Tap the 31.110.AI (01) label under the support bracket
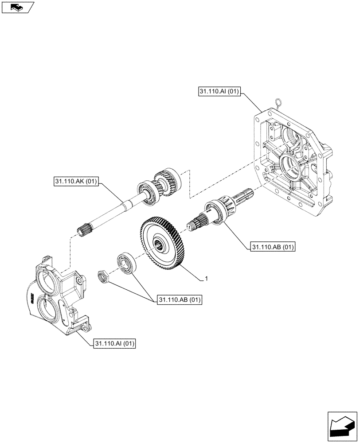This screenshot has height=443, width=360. (115, 343)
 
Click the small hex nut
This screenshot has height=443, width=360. (103, 277)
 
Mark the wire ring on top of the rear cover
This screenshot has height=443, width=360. (278, 103)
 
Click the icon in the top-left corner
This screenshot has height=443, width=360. (17, 7)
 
